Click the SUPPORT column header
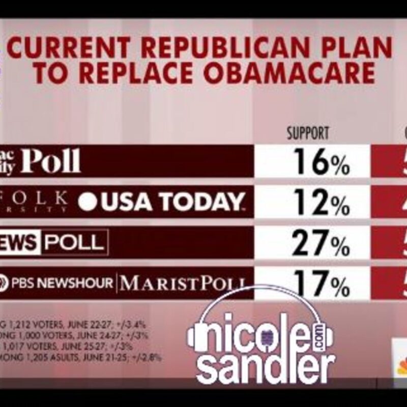click(x=308, y=134)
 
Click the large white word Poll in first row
click(x=51, y=162)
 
